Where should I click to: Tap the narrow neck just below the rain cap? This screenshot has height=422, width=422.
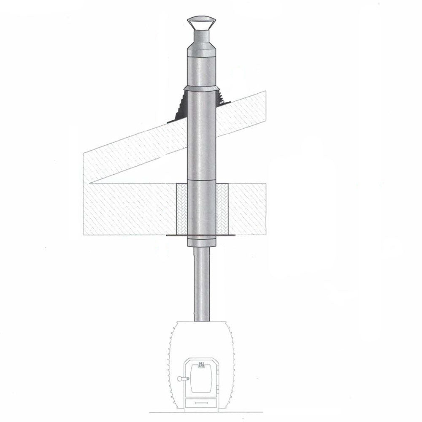coord(201,36)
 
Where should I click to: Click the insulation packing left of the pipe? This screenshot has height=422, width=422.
coord(181,209)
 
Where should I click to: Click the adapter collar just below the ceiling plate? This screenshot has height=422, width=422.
coord(201,242)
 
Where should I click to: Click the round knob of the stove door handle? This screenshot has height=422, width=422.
coord(181,379)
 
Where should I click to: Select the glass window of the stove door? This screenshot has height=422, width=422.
coord(202,382)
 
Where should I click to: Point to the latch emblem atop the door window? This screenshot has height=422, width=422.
coord(201,365)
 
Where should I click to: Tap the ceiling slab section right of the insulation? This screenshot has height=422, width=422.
coord(247,209)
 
